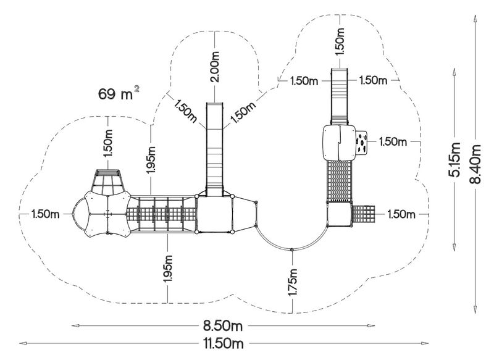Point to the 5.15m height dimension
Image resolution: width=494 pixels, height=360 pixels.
pyautogui.click(x=455, y=159)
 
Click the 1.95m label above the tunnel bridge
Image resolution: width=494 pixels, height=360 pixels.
pyautogui.click(x=152, y=159)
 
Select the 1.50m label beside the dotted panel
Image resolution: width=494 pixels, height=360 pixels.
pyautogui.click(x=393, y=142)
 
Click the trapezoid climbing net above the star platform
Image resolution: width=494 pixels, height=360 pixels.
pyautogui.click(x=109, y=182)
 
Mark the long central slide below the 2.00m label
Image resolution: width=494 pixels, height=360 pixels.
pyautogui.click(x=214, y=148)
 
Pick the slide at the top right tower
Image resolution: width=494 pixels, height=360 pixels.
pyautogui.click(x=339, y=96)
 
